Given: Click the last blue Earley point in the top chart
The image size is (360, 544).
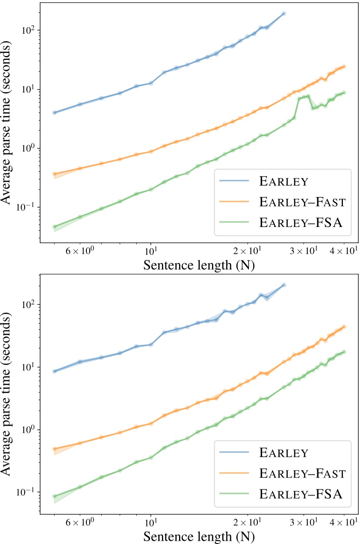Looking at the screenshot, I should click(x=284, y=14).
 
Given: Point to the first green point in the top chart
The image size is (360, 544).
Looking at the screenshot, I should click(x=55, y=227).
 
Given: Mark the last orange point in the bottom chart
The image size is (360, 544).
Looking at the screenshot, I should click(x=344, y=327).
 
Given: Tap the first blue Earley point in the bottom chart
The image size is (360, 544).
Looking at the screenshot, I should click(x=55, y=371).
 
